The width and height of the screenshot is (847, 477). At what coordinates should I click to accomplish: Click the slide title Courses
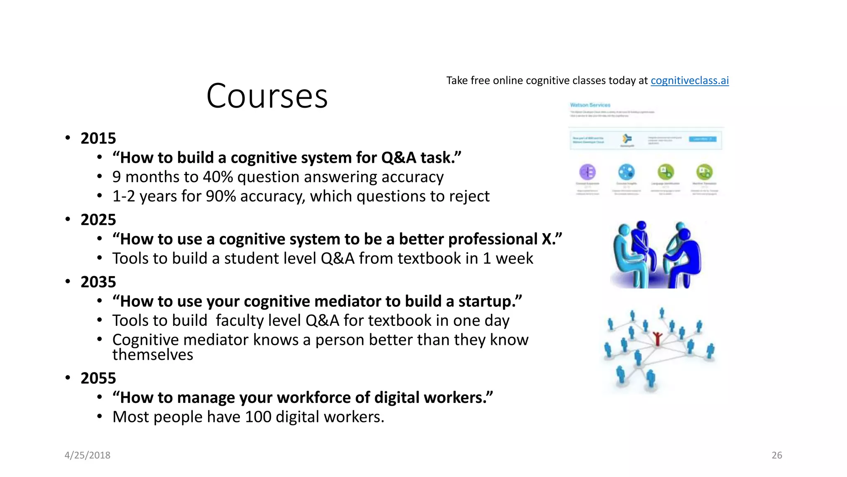click(267, 96)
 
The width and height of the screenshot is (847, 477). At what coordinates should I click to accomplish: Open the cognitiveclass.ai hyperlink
click(689, 80)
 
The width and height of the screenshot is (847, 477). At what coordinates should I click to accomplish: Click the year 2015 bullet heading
click(98, 138)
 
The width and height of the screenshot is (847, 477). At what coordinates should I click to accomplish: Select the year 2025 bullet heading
click(98, 220)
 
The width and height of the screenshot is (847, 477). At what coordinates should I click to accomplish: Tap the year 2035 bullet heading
click(98, 282)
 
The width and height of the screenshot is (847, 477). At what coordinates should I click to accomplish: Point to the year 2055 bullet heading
click(98, 378)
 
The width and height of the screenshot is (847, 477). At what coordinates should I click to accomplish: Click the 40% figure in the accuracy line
click(218, 177)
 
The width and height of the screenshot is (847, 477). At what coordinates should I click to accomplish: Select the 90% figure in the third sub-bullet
click(220, 196)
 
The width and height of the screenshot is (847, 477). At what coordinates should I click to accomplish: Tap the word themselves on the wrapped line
click(153, 355)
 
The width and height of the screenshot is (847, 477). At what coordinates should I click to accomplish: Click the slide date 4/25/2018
click(87, 455)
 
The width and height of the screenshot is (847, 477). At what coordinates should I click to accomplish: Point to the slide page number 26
click(777, 455)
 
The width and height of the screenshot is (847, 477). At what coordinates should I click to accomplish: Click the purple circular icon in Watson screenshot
click(587, 171)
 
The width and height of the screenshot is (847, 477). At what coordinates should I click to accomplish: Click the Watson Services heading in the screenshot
click(590, 105)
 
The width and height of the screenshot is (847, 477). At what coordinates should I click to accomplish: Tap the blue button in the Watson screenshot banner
click(702, 139)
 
